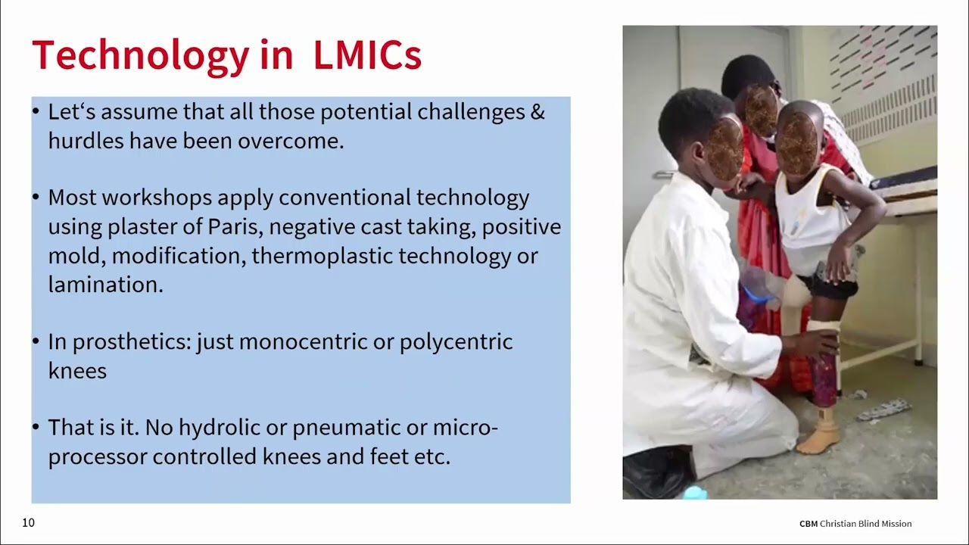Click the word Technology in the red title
click(140, 55)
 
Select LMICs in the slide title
click(367, 55)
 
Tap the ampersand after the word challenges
click(537, 112)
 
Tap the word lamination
click(105, 285)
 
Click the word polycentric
click(456, 342)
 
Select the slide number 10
click(28, 523)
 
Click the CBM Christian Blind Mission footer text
click(855, 524)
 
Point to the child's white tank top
click(810, 220)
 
